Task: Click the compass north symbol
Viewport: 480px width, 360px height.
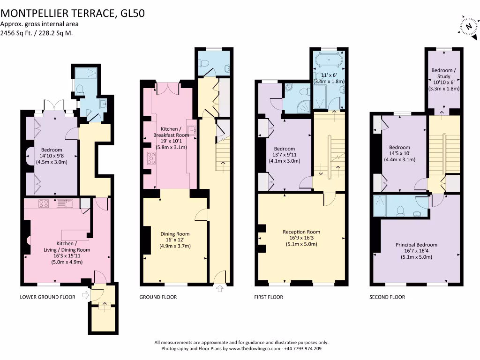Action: click(469, 27)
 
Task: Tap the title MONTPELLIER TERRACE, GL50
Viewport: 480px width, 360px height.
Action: click(73, 13)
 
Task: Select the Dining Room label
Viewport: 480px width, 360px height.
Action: click(175, 234)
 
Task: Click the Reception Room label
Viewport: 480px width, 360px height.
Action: click(301, 232)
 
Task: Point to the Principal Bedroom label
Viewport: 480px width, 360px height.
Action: click(416, 245)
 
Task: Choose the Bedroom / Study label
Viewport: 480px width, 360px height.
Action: click(443, 73)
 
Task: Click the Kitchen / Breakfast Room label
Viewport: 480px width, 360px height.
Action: click(171, 132)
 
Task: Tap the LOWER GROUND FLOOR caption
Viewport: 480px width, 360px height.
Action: click(47, 297)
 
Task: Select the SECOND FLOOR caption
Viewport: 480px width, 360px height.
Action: click(387, 297)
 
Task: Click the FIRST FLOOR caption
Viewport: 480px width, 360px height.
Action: click(269, 297)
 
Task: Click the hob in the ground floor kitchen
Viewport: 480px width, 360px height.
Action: click(151, 158)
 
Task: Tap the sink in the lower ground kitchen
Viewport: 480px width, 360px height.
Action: click(65, 203)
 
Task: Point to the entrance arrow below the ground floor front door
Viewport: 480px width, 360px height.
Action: click(220, 288)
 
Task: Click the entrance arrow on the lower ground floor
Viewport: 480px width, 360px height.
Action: click(86, 295)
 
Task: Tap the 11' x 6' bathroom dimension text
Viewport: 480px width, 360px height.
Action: click(329, 75)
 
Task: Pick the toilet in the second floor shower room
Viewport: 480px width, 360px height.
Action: click(400, 211)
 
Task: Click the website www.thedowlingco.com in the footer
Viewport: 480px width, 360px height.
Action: click(255, 349)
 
